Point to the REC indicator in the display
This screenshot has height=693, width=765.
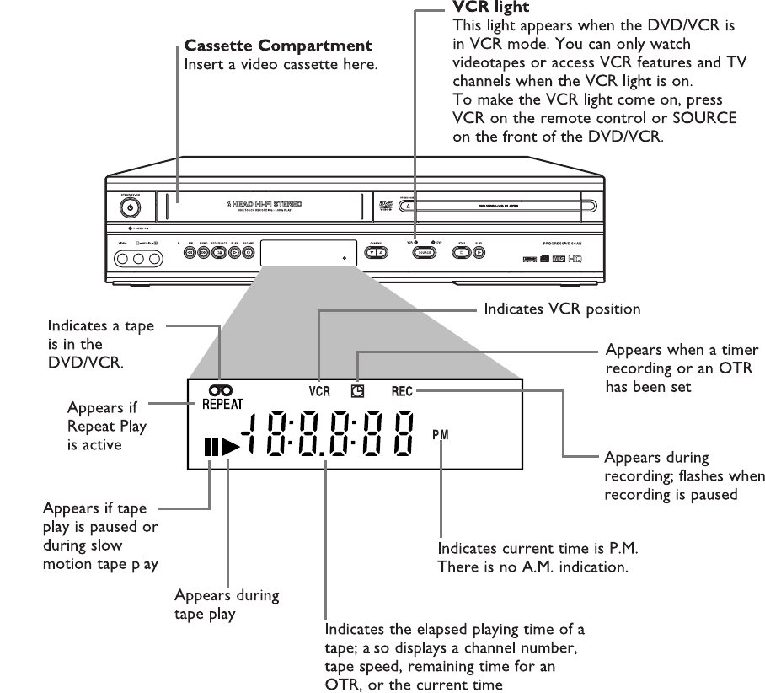403,392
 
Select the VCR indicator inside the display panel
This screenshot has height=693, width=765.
320,392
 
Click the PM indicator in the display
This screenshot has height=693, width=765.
441,434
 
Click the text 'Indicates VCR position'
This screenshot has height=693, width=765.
562,309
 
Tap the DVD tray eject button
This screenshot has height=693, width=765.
406,204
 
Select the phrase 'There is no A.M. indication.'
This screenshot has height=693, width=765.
533,567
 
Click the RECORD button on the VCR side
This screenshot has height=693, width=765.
248,252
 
